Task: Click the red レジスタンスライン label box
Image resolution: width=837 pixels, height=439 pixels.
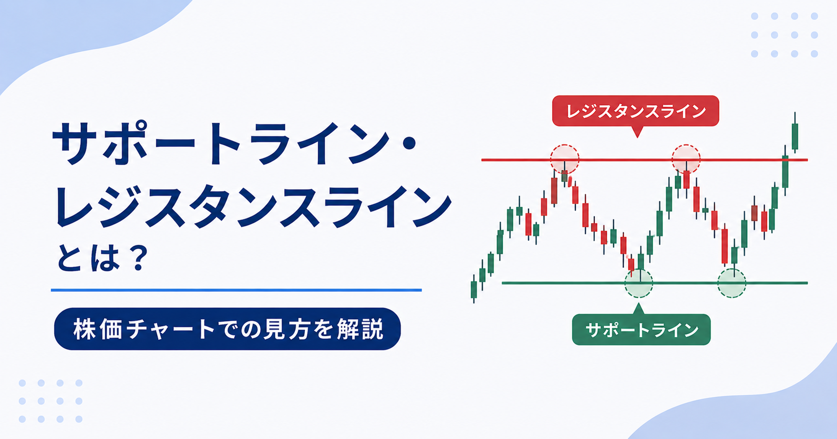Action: click(x=635, y=111)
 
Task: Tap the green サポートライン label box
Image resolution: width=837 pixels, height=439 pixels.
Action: click(x=641, y=330)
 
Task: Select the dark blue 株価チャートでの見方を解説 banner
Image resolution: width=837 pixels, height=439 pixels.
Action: click(x=227, y=329)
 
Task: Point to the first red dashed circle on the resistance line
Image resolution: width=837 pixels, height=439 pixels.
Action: click(x=564, y=158)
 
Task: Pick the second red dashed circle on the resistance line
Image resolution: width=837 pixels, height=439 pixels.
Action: click(x=686, y=158)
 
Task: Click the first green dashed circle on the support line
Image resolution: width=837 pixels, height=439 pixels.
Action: click(x=639, y=283)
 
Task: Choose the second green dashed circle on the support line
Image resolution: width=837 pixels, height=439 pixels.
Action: click(x=732, y=283)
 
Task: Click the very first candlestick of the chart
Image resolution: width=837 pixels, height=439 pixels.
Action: click(x=474, y=289)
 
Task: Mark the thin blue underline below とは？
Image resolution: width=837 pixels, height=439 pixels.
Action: click(x=236, y=290)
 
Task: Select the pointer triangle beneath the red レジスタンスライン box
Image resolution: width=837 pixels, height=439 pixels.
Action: click(x=637, y=132)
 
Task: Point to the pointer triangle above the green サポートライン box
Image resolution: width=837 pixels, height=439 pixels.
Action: click(x=639, y=309)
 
